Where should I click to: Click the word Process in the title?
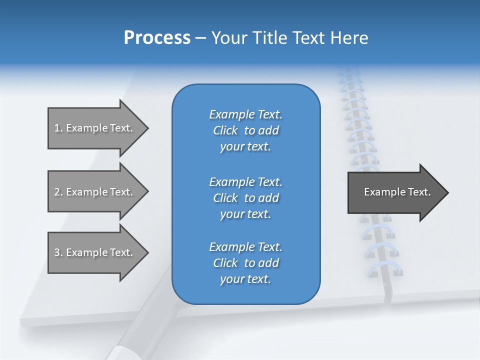coord(157,38)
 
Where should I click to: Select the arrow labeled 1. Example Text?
coord(95,128)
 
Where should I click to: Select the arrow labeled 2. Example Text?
coord(95,192)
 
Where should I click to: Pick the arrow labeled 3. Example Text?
coord(95,252)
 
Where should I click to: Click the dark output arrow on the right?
coord(395,192)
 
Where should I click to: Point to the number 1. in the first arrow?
coord(58,128)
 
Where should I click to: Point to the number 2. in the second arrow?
coord(58,192)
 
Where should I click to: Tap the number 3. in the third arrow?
coord(58,252)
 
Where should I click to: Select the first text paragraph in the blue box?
coord(245,130)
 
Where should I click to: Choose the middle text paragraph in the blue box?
coord(245,198)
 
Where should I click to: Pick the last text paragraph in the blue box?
coord(245,263)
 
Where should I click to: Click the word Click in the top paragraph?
coord(225,130)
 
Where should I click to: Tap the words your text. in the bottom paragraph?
coord(245,279)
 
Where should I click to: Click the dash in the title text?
coord(200,38)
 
